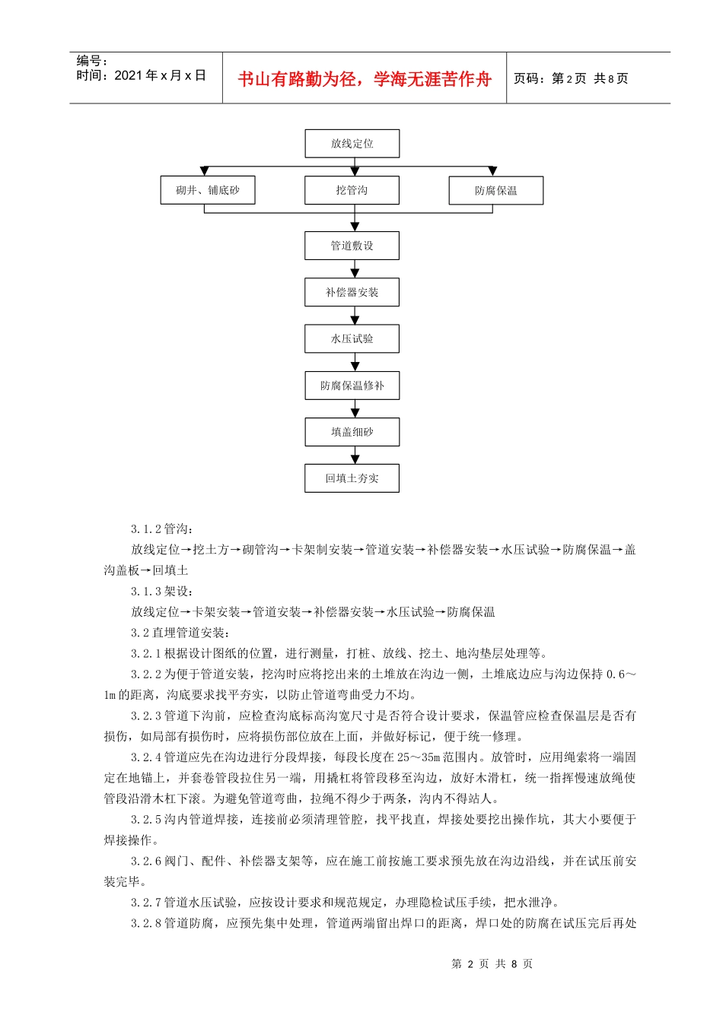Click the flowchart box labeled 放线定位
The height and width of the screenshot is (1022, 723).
tap(352, 144)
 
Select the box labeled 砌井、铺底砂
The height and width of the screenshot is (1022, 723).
tap(207, 190)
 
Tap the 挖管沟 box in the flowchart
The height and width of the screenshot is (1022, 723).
tap(352, 190)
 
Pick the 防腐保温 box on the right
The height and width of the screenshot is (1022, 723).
tap(495, 191)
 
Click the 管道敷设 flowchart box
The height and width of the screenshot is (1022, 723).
tap(352, 246)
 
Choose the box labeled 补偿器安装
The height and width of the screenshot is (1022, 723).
tap(352, 292)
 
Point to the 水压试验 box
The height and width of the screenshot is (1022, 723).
tap(352, 338)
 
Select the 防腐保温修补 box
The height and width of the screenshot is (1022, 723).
tap(352, 386)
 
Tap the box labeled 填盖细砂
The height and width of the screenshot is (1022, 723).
tap(352, 432)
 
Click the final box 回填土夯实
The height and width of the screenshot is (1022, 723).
tap(352, 478)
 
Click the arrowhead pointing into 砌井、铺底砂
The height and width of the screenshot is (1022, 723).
tap(203, 171)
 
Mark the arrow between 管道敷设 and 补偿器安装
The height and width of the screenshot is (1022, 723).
tap(355, 270)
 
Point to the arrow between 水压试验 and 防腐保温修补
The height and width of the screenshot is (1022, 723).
tap(355, 363)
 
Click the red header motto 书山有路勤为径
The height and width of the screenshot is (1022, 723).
tap(365, 79)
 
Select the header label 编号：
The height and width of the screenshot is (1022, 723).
tap(93, 61)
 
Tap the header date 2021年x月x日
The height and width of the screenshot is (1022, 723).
tap(141, 75)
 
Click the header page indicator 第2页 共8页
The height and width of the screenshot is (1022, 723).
tap(571, 78)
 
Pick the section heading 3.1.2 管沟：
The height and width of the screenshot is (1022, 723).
tap(162, 529)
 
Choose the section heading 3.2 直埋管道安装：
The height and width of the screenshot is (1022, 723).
tap(180, 633)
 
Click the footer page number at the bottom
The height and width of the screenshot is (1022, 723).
tap(492, 964)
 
